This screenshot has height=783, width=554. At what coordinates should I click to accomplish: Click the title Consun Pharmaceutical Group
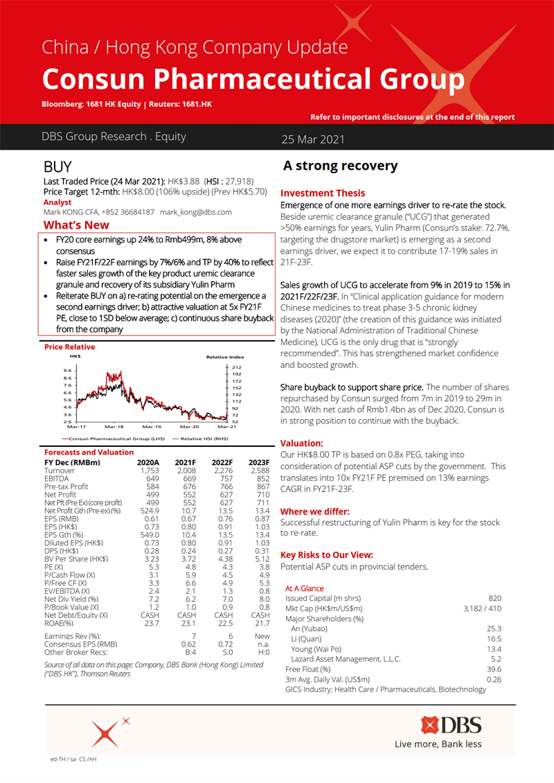(x=253, y=79)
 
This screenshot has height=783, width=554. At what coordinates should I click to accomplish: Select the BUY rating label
(x=57, y=167)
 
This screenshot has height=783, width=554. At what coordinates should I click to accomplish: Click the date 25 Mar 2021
(x=312, y=139)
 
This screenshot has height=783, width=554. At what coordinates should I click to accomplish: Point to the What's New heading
(x=76, y=225)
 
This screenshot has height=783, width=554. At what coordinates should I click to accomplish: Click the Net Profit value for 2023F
(x=260, y=495)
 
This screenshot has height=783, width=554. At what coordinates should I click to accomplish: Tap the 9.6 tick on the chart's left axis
(x=67, y=371)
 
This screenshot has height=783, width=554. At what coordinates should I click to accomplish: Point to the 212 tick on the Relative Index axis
(x=236, y=367)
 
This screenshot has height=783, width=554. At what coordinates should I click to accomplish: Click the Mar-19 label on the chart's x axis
(x=151, y=428)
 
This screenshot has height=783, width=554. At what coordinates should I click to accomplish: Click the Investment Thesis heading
(x=322, y=193)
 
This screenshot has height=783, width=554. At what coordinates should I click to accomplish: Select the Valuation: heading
(x=301, y=442)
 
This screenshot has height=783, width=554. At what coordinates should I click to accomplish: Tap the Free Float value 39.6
(x=493, y=669)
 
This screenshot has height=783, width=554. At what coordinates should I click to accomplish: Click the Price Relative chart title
(x=70, y=346)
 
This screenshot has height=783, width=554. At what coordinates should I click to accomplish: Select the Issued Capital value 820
(x=494, y=598)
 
